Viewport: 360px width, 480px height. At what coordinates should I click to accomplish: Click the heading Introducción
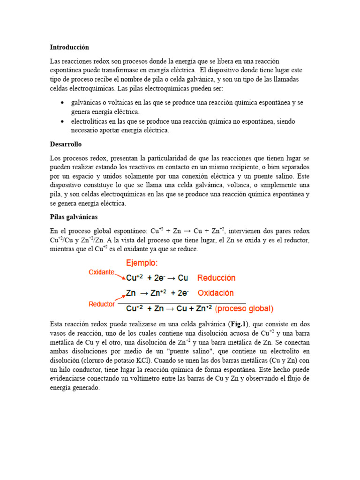pos(69,47)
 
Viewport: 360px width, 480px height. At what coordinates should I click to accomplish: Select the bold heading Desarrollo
pos(66,144)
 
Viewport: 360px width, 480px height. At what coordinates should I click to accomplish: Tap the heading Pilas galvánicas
pos(74,217)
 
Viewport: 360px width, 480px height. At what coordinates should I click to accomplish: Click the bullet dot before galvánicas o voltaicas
pos(62,103)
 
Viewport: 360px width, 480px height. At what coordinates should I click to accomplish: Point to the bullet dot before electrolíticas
pos(62,121)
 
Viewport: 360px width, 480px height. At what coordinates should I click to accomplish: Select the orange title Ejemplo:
pos(141,262)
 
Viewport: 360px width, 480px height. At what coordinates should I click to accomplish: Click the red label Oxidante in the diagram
pos(101,272)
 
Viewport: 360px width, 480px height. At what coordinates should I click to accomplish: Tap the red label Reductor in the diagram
pos(102,304)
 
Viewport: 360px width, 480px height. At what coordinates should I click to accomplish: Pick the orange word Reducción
pos(217,277)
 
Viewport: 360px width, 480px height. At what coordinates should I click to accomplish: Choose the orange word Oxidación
pos(216,293)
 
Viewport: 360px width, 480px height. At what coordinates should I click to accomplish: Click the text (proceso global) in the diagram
pos(244,309)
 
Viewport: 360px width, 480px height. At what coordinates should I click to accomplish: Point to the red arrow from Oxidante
pos(120,276)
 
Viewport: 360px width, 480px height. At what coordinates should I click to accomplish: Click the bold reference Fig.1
pos(237,324)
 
